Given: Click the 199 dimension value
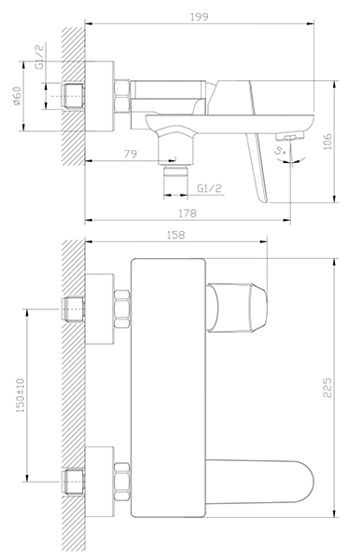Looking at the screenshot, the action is tap(200, 17).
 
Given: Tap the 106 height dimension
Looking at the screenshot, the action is tap(327, 142).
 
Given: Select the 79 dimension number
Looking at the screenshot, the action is tap(130, 154).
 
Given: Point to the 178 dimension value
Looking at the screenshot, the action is tap(188, 213).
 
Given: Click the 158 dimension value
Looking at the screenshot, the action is tap(176, 235).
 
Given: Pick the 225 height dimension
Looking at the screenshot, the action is tap(327, 388).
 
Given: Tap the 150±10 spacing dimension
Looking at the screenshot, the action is tap(21, 395).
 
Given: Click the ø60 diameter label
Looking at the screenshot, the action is tap(17, 96).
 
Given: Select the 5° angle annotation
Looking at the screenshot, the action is tap(281, 151).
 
